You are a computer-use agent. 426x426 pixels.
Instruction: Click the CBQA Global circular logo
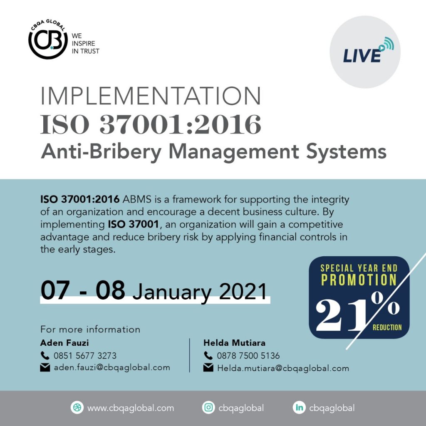click(48, 40)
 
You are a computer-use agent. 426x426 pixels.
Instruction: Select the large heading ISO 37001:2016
click(151, 124)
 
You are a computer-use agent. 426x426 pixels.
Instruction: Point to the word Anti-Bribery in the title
click(101, 151)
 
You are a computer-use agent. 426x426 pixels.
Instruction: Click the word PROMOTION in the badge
click(359, 280)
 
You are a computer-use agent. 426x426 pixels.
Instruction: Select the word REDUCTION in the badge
click(387, 327)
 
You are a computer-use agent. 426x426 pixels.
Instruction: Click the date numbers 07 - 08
click(83, 290)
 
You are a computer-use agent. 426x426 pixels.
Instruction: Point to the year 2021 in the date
click(243, 291)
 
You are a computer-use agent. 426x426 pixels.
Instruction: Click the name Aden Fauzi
click(64, 343)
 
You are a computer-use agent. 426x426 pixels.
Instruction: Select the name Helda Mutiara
click(234, 343)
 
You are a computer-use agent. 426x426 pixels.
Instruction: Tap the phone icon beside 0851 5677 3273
click(45, 355)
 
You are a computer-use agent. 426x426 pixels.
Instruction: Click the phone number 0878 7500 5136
click(248, 356)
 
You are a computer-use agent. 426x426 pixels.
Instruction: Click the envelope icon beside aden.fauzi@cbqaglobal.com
click(45, 368)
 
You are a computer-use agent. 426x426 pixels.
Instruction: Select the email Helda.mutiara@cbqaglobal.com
click(283, 369)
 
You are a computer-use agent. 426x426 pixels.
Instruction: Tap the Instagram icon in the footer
click(208, 408)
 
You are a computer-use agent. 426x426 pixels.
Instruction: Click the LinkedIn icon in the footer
click(299, 408)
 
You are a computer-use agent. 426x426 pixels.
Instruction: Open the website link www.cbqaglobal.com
click(130, 408)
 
